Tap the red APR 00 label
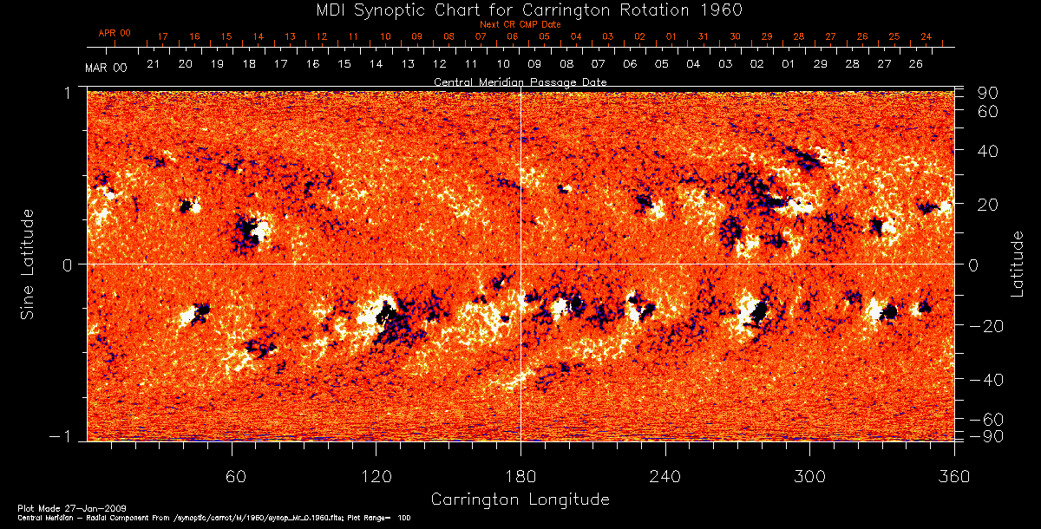tap(114, 33)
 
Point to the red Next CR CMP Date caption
tap(520, 24)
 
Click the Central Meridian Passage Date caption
tap(520, 82)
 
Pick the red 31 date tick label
tap(703, 36)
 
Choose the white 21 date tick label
tap(153, 64)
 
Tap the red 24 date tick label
tap(926, 36)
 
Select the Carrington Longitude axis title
tap(520, 499)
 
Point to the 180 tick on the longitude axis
tap(520, 476)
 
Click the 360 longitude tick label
tap(953, 476)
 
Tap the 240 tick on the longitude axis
tap(665, 476)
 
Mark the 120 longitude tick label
tap(376, 476)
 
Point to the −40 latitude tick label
tap(986, 380)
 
